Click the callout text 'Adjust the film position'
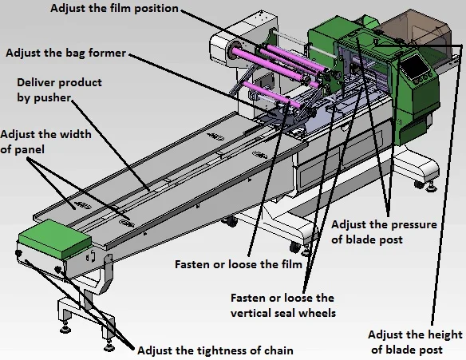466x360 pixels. (x=115, y=9)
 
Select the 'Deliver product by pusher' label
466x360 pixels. (x=61, y=89)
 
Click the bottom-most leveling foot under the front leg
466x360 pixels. (x=107, y=349)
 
